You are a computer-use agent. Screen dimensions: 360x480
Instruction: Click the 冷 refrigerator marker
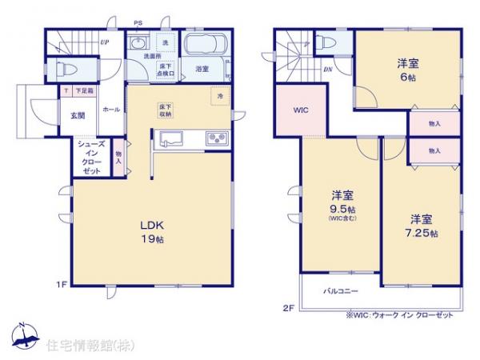[x=221, y=96]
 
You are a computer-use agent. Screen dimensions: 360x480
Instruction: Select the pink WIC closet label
[x=301, y=110]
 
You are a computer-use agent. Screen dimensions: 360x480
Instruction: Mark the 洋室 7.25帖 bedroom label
[x=422, y=224]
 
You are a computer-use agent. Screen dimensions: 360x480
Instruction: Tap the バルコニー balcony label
[x=340, y=291]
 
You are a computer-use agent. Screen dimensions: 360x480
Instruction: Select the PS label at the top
[x=138, y=24]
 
